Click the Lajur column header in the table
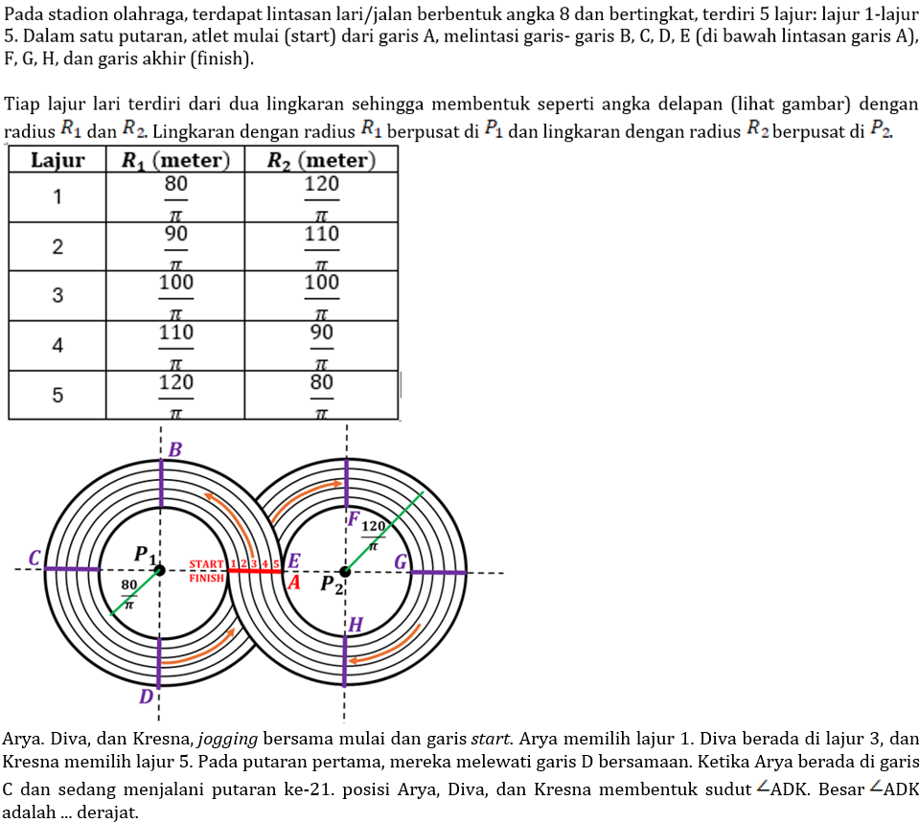[57, 160]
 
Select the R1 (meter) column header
[175, 160]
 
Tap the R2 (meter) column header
[321, 160]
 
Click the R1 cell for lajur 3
[175, 295]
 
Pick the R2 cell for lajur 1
[321, 197]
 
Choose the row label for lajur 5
[57, 394]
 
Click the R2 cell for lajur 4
[321, 345]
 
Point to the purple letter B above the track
[175, 448]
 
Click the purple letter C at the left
[34, 558]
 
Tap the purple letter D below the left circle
[146, 697]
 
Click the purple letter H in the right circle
[356, 625]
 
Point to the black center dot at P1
[160, 571]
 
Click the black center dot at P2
[345, 572]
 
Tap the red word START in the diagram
[206, 565]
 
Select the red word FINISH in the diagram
[206, 578]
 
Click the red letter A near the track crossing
[294, 582]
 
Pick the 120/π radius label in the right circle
[373, 536]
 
